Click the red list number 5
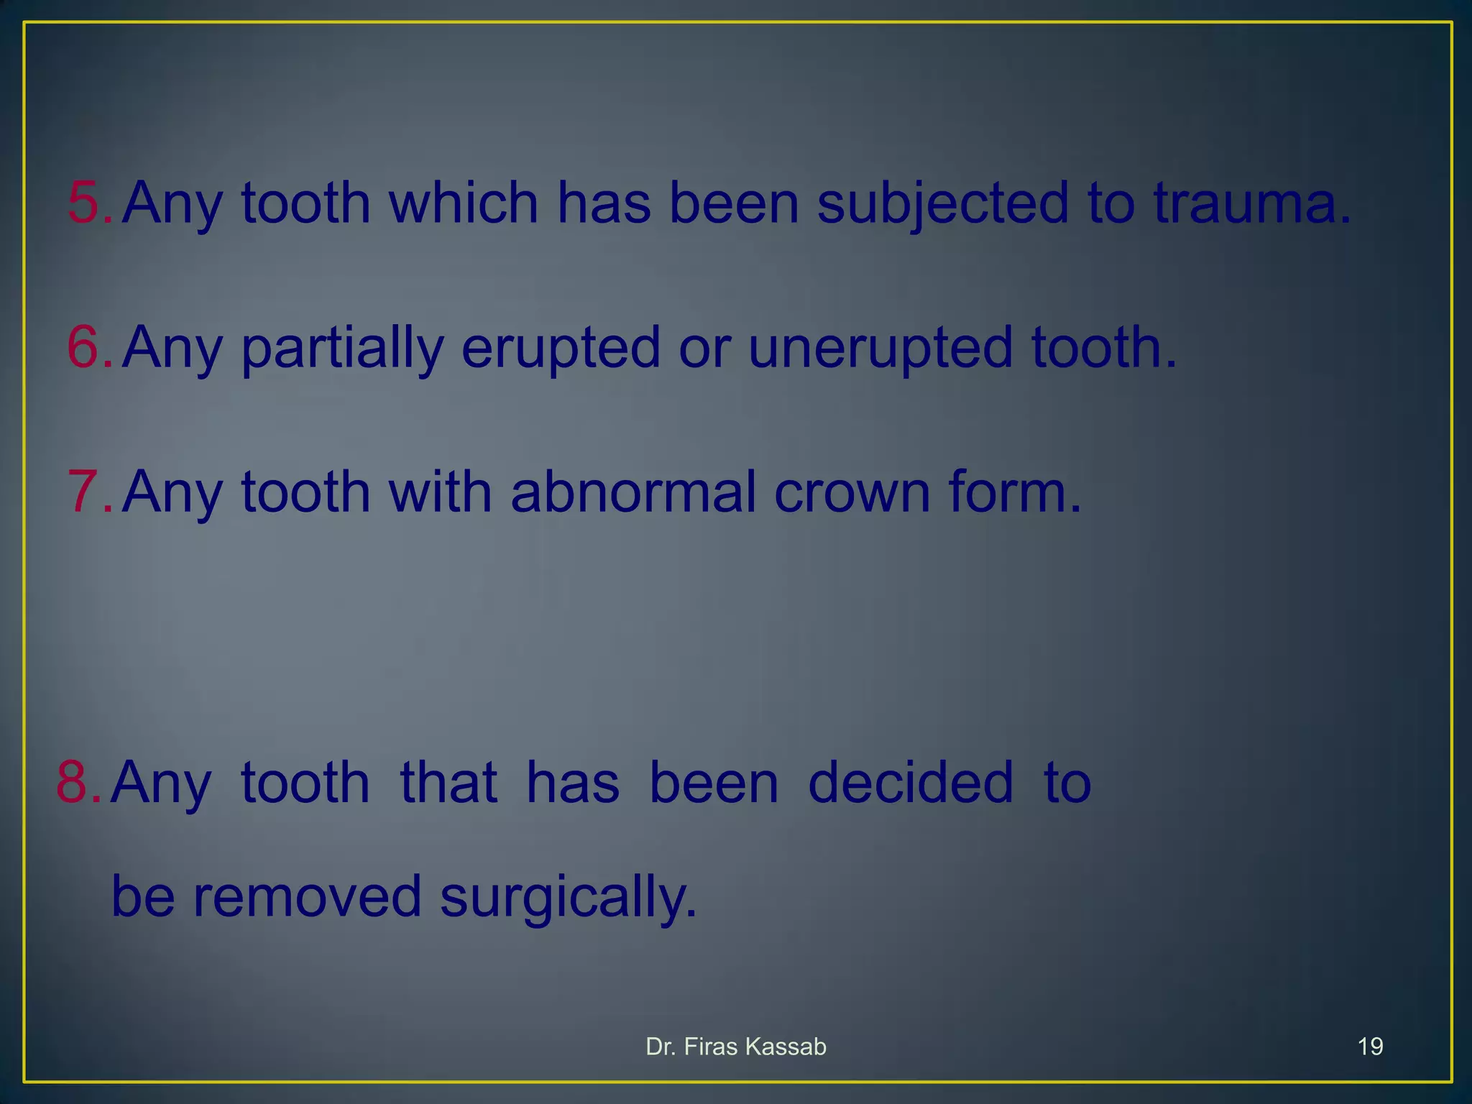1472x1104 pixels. pyautogui.click(x=85, y=203)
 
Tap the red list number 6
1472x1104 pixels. pyautogui.click(x=85, y=347)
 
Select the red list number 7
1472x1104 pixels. pyautogui.click(x=85, y=492)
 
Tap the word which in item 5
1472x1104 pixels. pyautogui.click(x=464, y=203)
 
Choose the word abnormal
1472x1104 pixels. pyautogui.click(x=633, y=492)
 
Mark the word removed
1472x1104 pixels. pyautogui.click(x=307, y=897)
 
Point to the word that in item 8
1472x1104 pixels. pyautogui.click(x=448, y=782)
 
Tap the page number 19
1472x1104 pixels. pyautogui.click(x=1370, y=1046)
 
